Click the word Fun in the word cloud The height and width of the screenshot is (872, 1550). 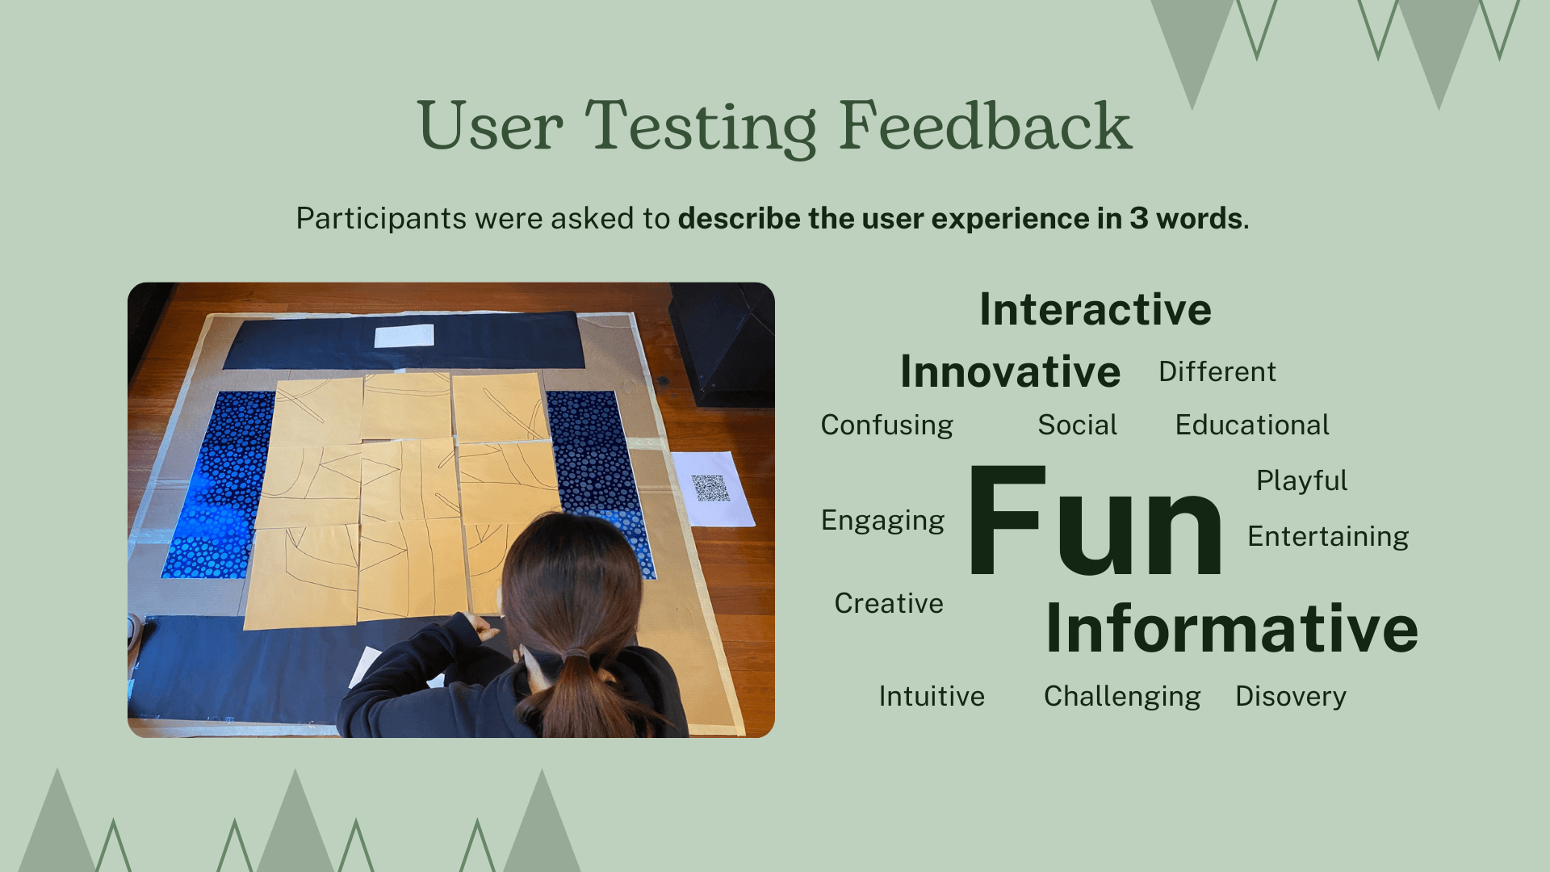1095,521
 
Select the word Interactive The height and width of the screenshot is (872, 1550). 1095,309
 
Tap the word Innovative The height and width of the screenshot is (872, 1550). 1010,371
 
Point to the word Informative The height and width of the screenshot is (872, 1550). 1232,628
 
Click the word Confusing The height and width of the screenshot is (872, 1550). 886,426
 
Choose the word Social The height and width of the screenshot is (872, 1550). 1077,425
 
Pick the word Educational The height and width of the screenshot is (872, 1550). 1252,425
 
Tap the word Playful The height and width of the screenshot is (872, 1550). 1301,481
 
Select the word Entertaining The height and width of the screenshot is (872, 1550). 1328,537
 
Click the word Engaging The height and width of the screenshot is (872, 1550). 882,521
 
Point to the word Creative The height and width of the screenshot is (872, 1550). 889,603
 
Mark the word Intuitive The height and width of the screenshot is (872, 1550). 932,696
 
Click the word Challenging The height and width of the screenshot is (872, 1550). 1122,697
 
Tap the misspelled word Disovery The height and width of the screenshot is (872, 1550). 1291,697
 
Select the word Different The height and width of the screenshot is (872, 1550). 1217,371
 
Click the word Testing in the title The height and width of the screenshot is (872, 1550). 701,128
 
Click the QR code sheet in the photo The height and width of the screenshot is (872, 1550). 713,488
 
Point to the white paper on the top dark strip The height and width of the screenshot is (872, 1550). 404,336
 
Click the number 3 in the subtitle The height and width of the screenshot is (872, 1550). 1138,219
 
